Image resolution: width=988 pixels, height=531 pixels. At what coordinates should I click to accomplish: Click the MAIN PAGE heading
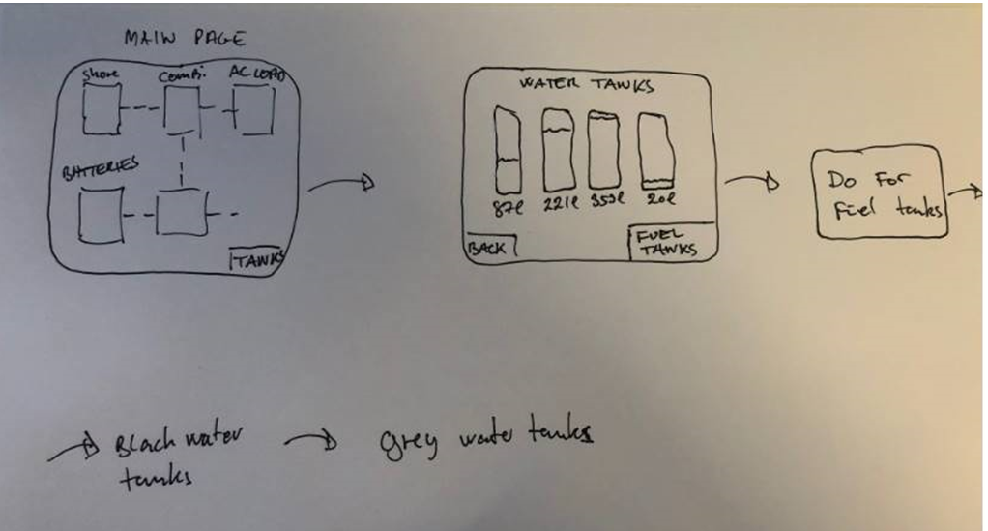point(186,39)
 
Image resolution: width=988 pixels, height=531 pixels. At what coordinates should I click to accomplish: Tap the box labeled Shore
point(101,109)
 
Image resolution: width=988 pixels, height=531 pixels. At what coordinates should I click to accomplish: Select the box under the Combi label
point(181,107)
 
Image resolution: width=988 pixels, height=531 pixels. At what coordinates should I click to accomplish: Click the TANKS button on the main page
point(256,259)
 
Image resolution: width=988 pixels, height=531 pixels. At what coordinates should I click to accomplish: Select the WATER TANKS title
point(586,85)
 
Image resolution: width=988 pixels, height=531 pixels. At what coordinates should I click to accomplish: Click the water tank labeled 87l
point(508,150)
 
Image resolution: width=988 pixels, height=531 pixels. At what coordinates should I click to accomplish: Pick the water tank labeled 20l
point(654,150)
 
